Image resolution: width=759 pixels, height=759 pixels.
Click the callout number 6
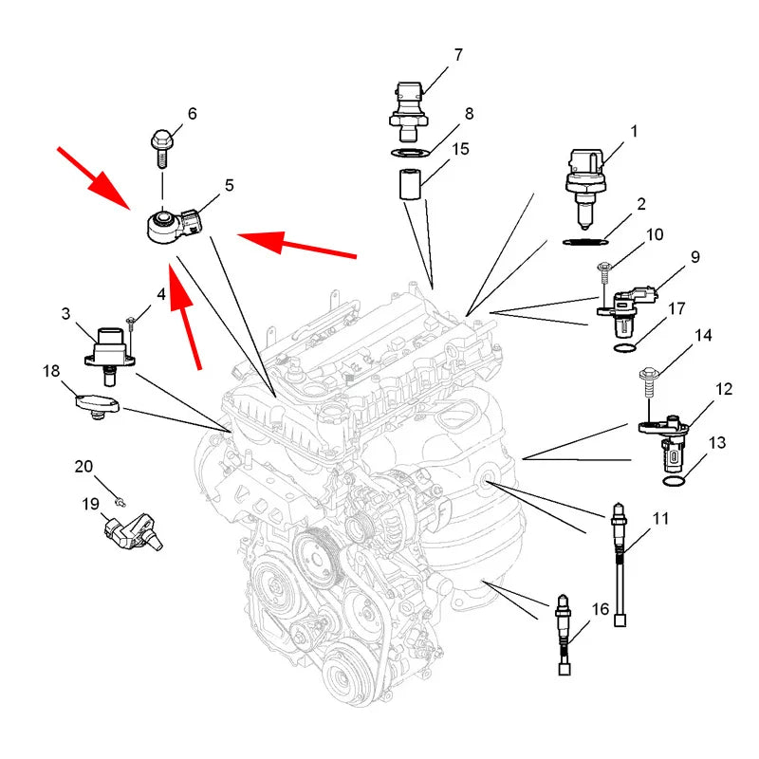pos(193,113)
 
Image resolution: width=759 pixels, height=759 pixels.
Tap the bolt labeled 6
pos(161,147)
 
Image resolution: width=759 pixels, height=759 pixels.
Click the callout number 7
pos(458,55)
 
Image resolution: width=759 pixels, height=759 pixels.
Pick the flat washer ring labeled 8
pos(411,154)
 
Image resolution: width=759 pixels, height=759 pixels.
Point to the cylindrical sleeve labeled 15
pos(409,184)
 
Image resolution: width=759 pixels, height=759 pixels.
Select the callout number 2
pos(641,204)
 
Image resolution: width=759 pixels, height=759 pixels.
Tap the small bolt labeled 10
pos(604,274)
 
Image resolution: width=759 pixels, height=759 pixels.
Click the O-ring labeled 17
pos(625,347)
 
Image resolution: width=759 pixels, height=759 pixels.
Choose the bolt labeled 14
pos(648,382)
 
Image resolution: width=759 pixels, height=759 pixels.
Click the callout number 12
pos(724,389)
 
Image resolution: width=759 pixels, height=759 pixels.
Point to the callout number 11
pos(660,518)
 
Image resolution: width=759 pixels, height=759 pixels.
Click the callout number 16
pos(601,609)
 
